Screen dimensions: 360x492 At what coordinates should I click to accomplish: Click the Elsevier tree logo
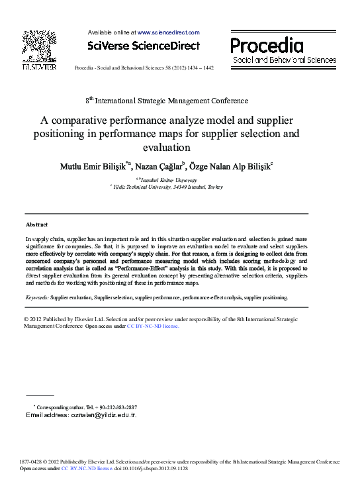[x=39, y=46]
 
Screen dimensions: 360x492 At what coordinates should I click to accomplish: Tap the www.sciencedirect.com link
[x=168, y=32]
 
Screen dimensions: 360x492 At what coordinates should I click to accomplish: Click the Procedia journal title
[x=267, y=46]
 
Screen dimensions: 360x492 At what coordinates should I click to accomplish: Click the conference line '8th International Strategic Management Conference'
[x=167, y=101]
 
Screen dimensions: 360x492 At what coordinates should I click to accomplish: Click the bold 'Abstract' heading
[x=36, y=225]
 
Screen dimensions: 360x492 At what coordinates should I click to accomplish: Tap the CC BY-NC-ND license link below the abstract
[x=153, y=326]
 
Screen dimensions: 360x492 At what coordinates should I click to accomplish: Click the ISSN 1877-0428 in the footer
[x=30, y=462]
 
